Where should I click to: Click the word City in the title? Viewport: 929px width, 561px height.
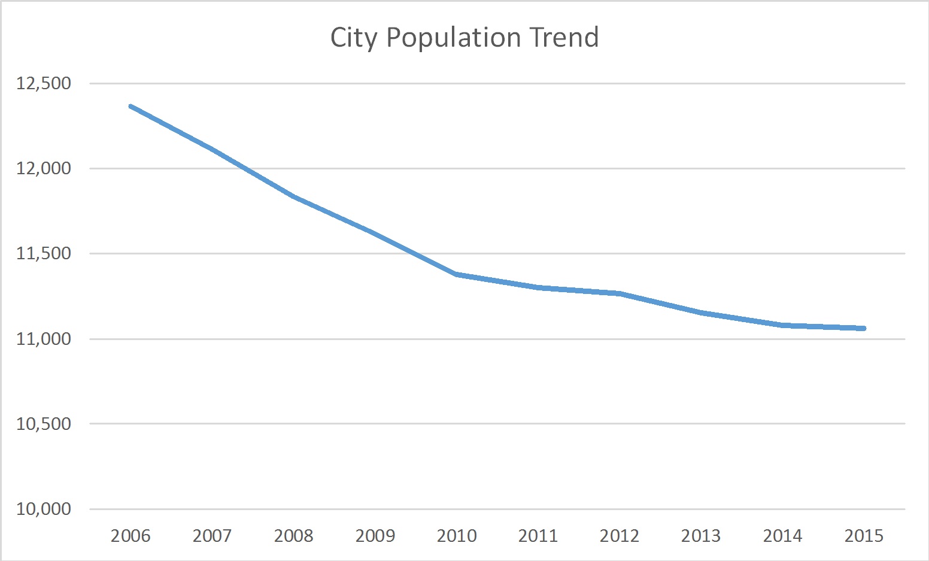pos(353,38)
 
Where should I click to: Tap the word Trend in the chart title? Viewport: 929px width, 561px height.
pos(564,37)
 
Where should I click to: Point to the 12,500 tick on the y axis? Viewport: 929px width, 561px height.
pos(44,83)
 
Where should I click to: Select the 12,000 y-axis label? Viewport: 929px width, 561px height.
pos(44,168)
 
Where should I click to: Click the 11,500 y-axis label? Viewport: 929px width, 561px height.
pos(44,254)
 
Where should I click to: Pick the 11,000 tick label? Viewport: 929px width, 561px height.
pos(44,339)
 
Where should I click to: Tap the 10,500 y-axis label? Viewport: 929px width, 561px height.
pos(44,424)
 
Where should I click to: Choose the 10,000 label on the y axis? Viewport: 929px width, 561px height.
pos(44,509)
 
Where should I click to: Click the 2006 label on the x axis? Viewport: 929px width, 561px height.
pos(130,535)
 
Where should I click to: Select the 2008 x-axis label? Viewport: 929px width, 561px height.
pos(293,535)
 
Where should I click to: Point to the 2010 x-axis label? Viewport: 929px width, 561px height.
pos(457,535)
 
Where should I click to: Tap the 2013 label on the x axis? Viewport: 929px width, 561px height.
pos(701,535)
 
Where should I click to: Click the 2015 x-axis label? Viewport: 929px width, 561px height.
pos(864,535)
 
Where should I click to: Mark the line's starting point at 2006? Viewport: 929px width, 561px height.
pos(130,106)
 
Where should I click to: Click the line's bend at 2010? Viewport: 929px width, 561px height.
pos(457,274)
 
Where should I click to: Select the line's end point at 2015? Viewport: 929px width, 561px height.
pos(864,328)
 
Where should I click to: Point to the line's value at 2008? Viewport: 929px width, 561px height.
pos(293,196)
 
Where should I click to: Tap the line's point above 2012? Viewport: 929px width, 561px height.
pos(620,293)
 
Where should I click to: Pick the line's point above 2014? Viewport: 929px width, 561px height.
pos(782,325)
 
